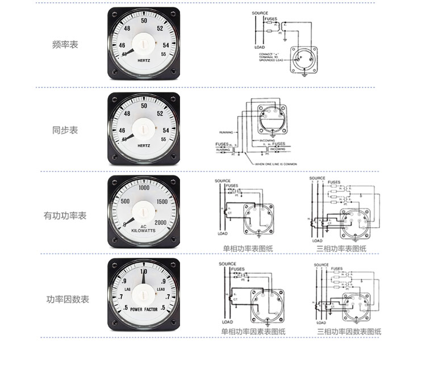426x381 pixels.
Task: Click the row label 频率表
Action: tap(65, 44)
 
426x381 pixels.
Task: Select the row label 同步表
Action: tap(65, 130)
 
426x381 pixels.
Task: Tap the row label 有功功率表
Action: tap(65, 216)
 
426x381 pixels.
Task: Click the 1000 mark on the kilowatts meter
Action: tap(143, 188)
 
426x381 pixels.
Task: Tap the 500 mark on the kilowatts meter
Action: tap(126, 202)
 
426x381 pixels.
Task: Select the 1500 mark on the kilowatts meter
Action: tap(161, 202)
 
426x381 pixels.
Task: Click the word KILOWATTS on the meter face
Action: tap(143, 231)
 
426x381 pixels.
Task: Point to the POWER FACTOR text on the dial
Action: tap(144, 309)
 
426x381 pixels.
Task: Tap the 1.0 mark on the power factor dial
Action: tap(144, 271)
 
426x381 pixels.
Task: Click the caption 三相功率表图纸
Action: tap(341, 248)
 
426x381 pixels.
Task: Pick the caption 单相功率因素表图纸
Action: tap(253, 332)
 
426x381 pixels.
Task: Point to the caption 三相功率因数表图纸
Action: tap(349, 332)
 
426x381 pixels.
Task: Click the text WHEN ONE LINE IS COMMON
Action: tap(276, 164)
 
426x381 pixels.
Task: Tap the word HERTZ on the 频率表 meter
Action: tap(144, 60)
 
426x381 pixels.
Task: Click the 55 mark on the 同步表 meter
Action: tap(164, 139)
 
